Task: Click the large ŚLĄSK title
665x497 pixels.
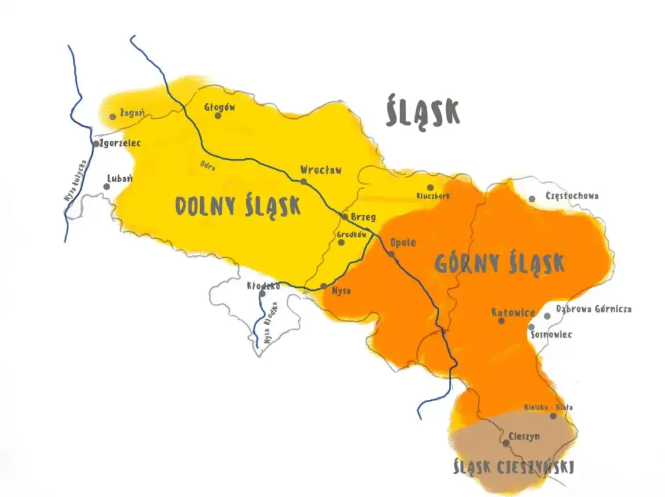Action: coord(423,113)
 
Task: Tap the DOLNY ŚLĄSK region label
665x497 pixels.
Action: coord(238,206)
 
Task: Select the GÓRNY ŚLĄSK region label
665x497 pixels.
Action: coord(499,263)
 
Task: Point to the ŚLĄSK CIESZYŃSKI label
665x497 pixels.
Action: coord(513,468)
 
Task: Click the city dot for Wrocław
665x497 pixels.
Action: coord(304,181)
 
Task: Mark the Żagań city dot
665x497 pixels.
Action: coord(113,116)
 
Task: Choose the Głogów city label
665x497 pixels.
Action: coord(220,106)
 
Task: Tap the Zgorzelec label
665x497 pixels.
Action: coord(120,143)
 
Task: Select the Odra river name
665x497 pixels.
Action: coord(208,165)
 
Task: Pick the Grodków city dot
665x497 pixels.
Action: coord(342,242)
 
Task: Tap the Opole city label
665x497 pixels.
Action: coord(403,242)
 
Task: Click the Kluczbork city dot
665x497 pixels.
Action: coord(430,187)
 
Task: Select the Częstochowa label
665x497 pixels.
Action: coord(572,196)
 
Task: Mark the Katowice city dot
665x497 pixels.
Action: coord(501,320)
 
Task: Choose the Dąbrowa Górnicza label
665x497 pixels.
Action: coord(594,309)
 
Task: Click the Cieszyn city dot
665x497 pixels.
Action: coord(506,442)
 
